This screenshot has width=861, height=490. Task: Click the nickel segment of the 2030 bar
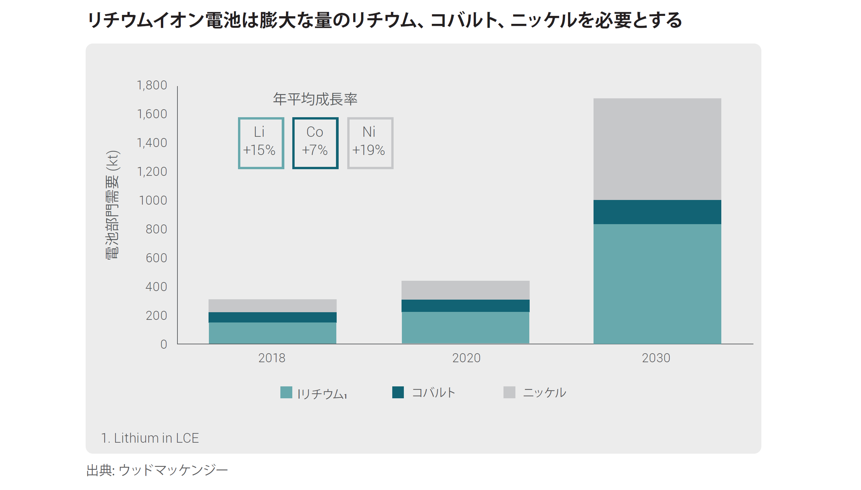pyautogui.click(x=657, y=149)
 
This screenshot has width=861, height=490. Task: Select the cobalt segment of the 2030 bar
pyautogui.click(x=657, y=212)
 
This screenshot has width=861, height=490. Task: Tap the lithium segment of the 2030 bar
pyautogui.click(x=657, y=283)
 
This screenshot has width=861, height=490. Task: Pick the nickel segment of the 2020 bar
pyautogui.click(x=465, y=290)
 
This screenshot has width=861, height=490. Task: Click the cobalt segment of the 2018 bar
pyautogui.click(x=272, y=317)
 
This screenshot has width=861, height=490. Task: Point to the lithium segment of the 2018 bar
pyautogui.click(x=272, y=333)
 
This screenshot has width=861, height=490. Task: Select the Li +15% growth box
pyautogui.click(x=261, y=143)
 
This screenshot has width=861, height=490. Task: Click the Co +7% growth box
pyautogui.click(x=315, y=143)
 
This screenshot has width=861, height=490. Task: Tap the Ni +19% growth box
pyautogui.click(x=370, y=143)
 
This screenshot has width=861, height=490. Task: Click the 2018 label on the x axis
pyautogui.click(x=271, y=358)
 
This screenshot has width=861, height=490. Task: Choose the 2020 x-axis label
pyautogui.click(x=466, y=358)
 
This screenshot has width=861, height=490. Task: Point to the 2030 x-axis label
pyautogui.click(x=656, y=358)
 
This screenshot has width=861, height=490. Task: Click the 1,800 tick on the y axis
pyautogui.click(x=152, y=85)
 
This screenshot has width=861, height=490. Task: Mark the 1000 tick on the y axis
pyautogui.click(x=153, y=200)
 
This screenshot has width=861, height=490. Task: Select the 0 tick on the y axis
pyautogui.click(x=164, y=344)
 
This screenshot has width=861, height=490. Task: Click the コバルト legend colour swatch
pyautogui.click(x=398, y=392)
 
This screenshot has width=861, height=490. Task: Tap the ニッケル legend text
pyautogui.click(x=544, y=392)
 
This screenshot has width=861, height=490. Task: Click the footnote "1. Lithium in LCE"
pyautogui.click(x=150, y=438)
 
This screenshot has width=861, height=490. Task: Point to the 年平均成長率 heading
pyautogui.click(x=315, y=99)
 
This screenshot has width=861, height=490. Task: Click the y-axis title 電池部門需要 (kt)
pyautogui.click(x=112, y=205)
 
